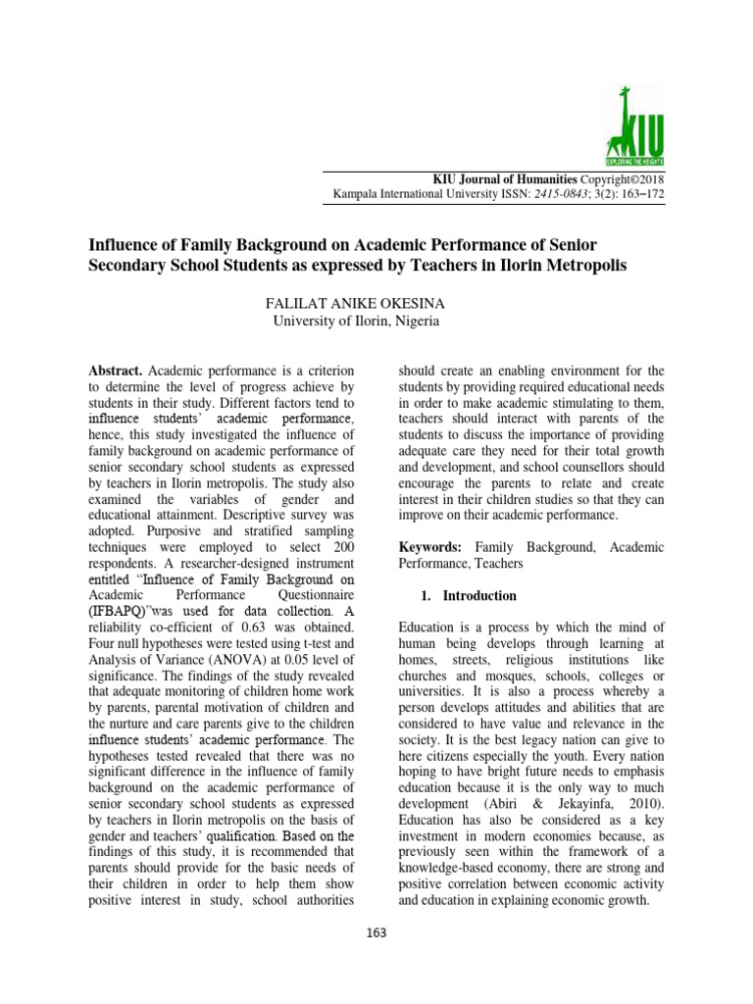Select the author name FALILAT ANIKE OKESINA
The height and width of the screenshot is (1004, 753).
[x=355, y=304]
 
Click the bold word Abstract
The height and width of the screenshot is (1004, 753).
[x=116, y=371]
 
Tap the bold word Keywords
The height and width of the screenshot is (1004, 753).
[x=431, y=546]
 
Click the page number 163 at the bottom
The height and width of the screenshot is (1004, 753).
[x=376, y=932]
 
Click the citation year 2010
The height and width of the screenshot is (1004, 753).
[x=643, y=801]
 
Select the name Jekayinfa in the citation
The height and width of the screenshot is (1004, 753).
[x=576, y=801]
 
